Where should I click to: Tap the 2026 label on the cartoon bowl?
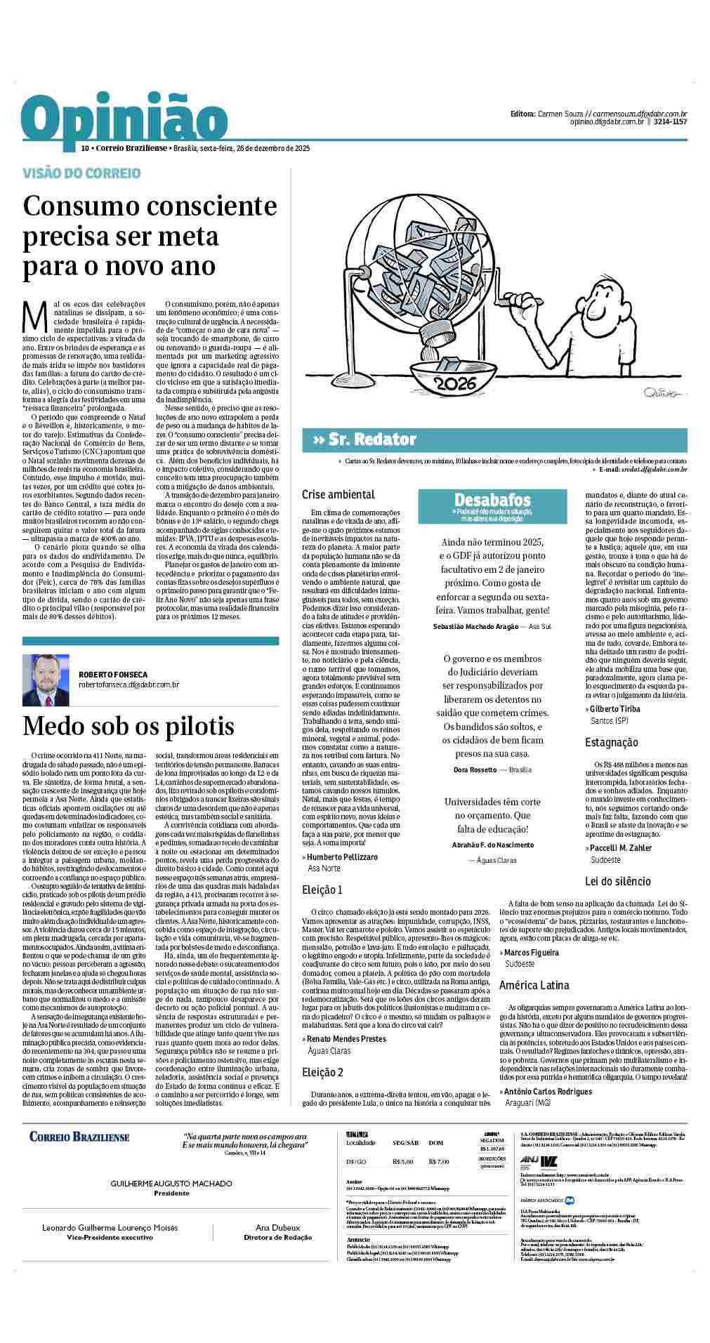point(456,384)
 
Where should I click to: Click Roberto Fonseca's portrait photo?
point(46,680)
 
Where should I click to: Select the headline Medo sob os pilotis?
point(129,726)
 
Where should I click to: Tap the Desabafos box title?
point(492,501)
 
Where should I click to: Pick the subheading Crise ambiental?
point(338,494)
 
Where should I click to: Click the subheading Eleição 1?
point(322,890)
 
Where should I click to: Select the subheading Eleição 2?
point(322,1072)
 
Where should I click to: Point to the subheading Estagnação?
point(612,743)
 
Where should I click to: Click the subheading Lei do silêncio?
point(618,881)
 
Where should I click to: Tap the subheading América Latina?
point(534,985)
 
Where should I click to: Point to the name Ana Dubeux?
point(277,1248)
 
